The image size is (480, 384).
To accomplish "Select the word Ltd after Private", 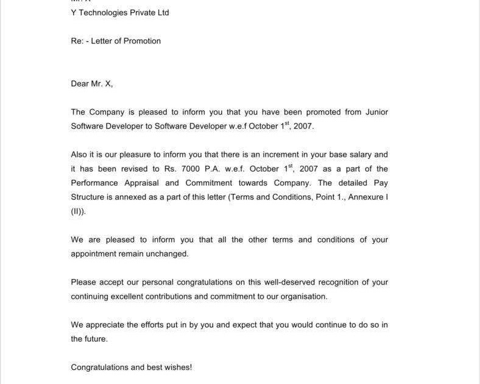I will [162, 13].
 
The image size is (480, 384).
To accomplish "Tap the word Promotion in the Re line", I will [142, 41].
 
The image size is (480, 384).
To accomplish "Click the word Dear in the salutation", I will [80, 84].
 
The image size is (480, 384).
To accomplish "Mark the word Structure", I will [88, 197].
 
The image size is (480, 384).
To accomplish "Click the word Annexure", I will [364, 197].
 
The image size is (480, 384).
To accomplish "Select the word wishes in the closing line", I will [178, 368].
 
